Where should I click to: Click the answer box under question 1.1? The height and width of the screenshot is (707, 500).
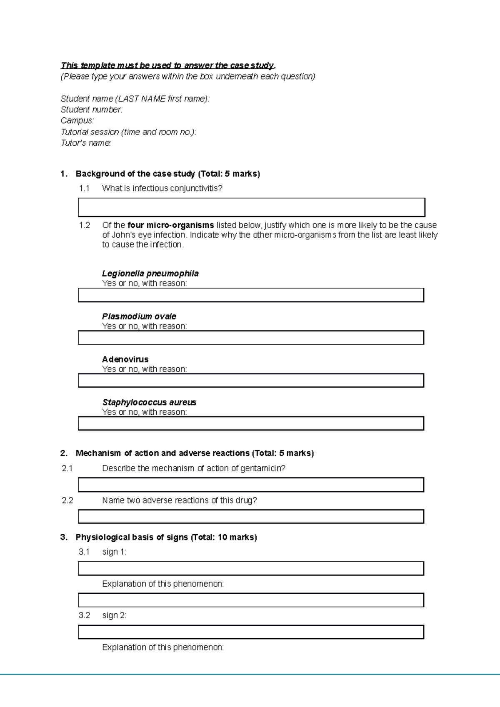click(251, 207)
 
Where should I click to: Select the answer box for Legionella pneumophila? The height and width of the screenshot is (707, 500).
click(251, 295)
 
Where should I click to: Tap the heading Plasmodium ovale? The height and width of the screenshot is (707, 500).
click(139, 316)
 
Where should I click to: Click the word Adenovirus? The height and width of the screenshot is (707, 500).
click(125, 359)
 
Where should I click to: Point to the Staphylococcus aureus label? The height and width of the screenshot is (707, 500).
click(149, 402)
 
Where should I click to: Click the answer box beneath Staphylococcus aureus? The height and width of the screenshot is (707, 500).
click(251, 423)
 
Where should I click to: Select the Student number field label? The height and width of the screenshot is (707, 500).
click(91, 110)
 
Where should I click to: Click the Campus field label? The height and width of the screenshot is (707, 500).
click(77, 121)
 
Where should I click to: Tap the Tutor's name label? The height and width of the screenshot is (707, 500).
click(86, 143)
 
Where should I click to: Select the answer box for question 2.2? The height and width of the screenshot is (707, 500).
click(251, 517)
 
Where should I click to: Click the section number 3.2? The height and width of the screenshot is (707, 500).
click(84, 615)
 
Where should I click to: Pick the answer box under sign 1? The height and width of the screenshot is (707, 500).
click(251, 568)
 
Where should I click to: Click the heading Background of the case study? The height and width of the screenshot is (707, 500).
click(135, 174)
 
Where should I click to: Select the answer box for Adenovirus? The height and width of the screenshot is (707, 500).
click(251, 381)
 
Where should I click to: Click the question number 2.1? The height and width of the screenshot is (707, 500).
click(67, 468)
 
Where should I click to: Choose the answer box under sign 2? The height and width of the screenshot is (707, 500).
click(251, 632)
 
